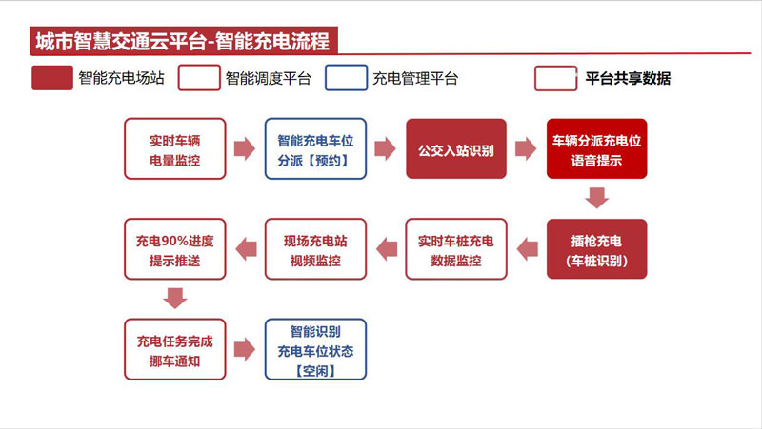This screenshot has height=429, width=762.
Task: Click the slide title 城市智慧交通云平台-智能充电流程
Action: [x=183, y=41]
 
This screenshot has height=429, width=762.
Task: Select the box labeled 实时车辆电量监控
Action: [x=175, y=148]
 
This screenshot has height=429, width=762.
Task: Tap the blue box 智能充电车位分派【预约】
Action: [x=315, y=148]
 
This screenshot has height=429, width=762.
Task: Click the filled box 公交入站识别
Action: [x=456, y=148]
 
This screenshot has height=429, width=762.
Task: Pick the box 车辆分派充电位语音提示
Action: [x=597, y=148]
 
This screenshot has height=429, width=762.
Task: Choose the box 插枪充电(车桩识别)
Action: [x=597, y=249]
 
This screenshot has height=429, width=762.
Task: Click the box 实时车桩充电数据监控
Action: [x=456, y=249]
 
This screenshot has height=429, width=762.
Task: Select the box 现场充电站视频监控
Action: [x=315, y=249]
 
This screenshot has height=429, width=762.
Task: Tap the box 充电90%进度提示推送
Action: [x=175, y=249]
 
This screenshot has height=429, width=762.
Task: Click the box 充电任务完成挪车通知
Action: [x=175, y=349]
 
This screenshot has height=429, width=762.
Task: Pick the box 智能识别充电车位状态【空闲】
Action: [x=315, y=349]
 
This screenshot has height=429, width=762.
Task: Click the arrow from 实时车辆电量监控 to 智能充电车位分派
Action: [x=245, y=148]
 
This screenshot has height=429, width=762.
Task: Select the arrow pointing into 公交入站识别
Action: [x=385, y=148]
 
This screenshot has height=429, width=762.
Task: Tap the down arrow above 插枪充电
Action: [x=597, y=198]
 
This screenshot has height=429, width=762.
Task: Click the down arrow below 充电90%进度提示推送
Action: [x=175, y=298]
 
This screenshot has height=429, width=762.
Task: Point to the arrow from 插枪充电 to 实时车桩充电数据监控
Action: [x=528, y=249]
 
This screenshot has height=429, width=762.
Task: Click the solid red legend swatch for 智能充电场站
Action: [x=52, y=78]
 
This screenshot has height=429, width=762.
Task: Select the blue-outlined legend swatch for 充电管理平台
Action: [x=346, y=78]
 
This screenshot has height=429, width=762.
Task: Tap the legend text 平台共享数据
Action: [x=628, y=78]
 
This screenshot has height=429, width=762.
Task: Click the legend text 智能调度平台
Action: [x=269, y=78]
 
